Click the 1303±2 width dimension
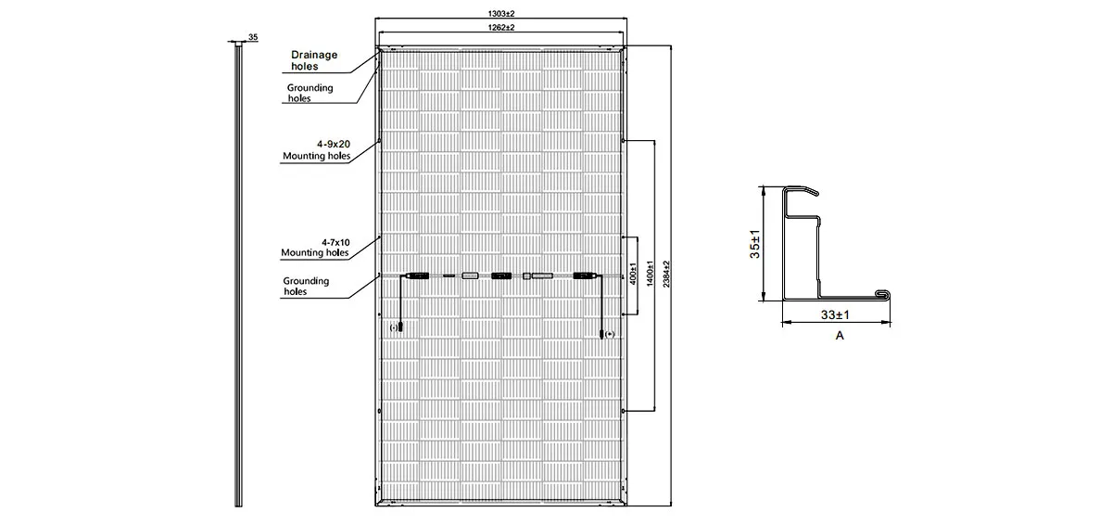pos(500,14)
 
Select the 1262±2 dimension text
pos(500,27)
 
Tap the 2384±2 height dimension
pos(666,275)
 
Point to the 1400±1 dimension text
pos(650,274)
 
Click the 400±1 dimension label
pos(633,274)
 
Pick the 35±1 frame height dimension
pos(754,244)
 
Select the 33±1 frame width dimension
pos(835,314)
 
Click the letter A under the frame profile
pos(840,336)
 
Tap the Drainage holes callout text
pos(314,60)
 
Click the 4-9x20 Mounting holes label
pos(317,150)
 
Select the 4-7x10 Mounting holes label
pos(315,248)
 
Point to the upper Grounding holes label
pos(310,93)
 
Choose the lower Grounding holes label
pos(306,286)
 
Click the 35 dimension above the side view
pos(253,37)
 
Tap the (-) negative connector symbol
pos(394,327)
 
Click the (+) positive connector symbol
pos(610,334)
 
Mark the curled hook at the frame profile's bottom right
pos(882,295)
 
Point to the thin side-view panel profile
pos(238,274)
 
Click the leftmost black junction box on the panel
pos(418,275)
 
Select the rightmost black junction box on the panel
pos(585,275)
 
